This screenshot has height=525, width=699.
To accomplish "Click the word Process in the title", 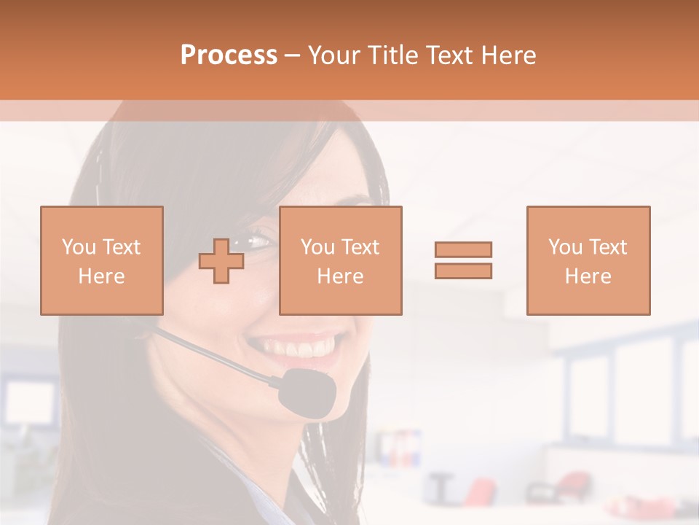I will click(x=229, y=55).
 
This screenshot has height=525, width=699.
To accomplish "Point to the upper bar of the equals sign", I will click(x=463, y=249).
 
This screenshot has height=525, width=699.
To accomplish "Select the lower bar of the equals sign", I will click(x=463, y=271).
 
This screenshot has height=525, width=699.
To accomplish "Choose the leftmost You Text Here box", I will click(x=101, y=260).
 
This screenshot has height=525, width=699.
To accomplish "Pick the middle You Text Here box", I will click(x=340, y=260).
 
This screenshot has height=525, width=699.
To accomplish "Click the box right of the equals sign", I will click(x=588, y=260).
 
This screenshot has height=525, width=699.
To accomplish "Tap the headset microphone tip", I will click(x=309, y=392).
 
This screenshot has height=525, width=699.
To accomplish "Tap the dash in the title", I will click(x=293, y=55).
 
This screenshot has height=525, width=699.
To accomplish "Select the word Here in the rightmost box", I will click(x=588, y=276).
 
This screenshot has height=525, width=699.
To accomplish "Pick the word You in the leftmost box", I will click(x=78, y=246).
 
